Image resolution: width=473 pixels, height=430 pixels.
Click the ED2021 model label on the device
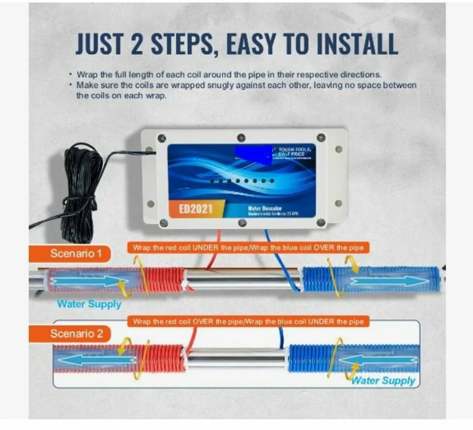pos(196,209)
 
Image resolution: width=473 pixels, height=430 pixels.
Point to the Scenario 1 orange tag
pos(70,253)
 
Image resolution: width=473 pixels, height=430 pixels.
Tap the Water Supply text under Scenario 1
pos(89,304)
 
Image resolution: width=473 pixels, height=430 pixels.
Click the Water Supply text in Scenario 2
pos(383,381)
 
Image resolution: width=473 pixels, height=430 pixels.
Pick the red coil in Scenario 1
pos(164,280)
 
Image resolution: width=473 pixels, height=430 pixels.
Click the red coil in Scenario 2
pos(165,358)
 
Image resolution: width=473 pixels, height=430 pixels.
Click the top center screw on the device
pos(241,138)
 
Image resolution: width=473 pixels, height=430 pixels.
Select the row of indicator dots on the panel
pos(242,181)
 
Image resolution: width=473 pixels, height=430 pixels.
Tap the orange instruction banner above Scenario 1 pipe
pos(248,248)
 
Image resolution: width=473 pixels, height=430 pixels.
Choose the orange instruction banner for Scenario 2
pos(248,321)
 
